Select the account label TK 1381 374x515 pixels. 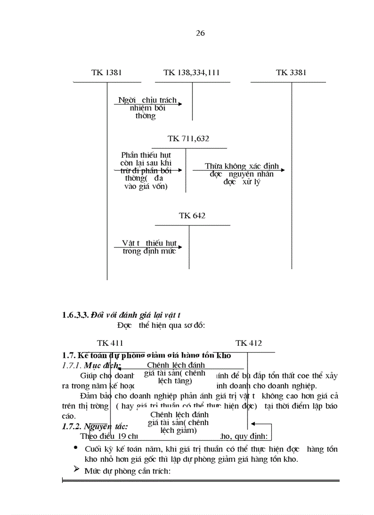(x=106, y=72)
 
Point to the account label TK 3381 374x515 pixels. (x=291, y=72)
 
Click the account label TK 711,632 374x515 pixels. (x=188, y=138)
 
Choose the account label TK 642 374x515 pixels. (x=192, y=216)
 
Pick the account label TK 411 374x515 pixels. (x=110, y=343)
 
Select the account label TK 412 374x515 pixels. (x=248, y=343)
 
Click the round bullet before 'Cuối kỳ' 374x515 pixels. (x=76, y=448)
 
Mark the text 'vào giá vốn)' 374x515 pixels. (x=146, y=186)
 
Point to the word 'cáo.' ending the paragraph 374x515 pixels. (x=68, y=416)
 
